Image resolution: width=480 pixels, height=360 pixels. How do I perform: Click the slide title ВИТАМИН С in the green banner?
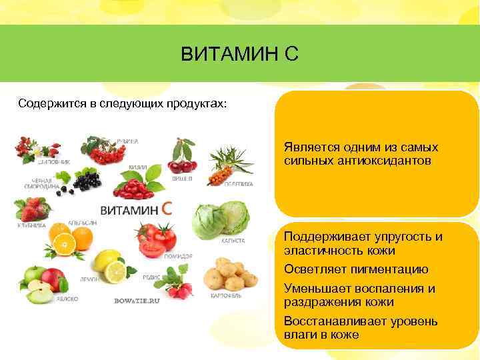click(239, 54)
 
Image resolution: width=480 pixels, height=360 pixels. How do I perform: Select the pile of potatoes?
click(229, 273)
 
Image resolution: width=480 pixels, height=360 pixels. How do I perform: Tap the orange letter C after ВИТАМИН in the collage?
click(167, 209)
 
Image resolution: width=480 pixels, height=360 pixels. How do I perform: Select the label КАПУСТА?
click(233, 241)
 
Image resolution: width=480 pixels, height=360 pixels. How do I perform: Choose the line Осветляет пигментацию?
click(355, 270)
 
